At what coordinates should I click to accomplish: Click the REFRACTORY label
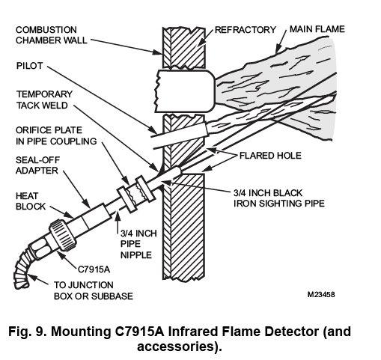click(x=246, y=30)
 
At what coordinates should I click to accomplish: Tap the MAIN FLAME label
click(x=317, y=29)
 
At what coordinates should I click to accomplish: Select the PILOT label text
click(x=29, y=66)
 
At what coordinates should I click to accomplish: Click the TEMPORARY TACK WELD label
click(x=44, y=100)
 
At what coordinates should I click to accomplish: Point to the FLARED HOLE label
click(x=270, y=156)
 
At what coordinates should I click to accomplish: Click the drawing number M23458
click(x=321, y=294)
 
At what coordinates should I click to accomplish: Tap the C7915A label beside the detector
click(x=94, y=269)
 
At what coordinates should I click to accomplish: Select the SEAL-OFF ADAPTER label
click(x=37, y=165)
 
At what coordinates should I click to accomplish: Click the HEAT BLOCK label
click(x=31, y=201)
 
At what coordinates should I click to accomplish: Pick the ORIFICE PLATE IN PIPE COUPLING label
click(x=56, y=135)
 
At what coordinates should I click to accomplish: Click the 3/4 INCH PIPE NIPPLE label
click(x=138, y=244)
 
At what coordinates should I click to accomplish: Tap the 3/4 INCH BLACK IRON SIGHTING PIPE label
click(x=279, y=198)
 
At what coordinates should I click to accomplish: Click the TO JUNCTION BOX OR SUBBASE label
click(x=94, y=290)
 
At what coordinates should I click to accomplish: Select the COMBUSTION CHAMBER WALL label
click(x=52, y=35)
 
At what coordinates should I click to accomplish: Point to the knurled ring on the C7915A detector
click(x=62, y=235)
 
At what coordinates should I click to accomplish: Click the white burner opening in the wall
click(x=185, y=91)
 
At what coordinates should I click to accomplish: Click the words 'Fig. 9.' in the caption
click(x=27, y=332)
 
